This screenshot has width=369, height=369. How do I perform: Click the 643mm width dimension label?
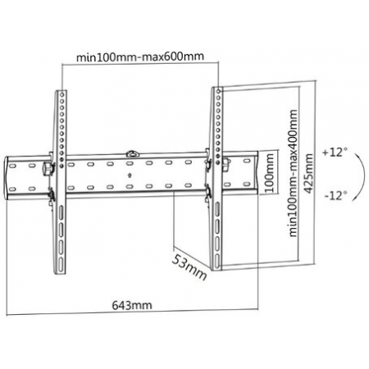click(x=132, y=305)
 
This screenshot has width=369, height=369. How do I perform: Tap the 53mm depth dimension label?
click(x=189, y=267)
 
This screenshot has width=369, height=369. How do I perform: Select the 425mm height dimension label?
click(x=308, y=174)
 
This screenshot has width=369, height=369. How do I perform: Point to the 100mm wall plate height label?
click(x=270, y=173)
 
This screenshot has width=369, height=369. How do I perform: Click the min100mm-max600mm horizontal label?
click(x=140, y=57)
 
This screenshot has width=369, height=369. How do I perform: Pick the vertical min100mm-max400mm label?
click(x=294, y=173)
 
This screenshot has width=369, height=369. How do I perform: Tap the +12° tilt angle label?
click(x=335, y=152)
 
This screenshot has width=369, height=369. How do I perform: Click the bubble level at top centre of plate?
click(x=133, y=154)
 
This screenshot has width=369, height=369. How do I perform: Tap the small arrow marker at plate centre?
click(x=130, y=175)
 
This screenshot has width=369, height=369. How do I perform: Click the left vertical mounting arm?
click(x=61, y=182)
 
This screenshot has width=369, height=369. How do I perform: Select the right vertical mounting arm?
click(x=216, y=179)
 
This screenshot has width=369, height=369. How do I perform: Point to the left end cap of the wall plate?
click(x=7, y=179)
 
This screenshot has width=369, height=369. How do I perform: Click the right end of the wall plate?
click(x=257, y=171)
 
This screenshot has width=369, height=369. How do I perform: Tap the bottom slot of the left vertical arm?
click(x=61, y=265)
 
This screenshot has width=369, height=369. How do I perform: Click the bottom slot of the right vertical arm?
click(x=216, y=262)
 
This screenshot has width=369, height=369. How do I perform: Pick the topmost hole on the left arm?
click(x=62, y=94)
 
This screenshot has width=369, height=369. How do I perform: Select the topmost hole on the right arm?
click(x=218, y=91)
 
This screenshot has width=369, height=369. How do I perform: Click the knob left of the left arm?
click(x=47, y=169)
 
